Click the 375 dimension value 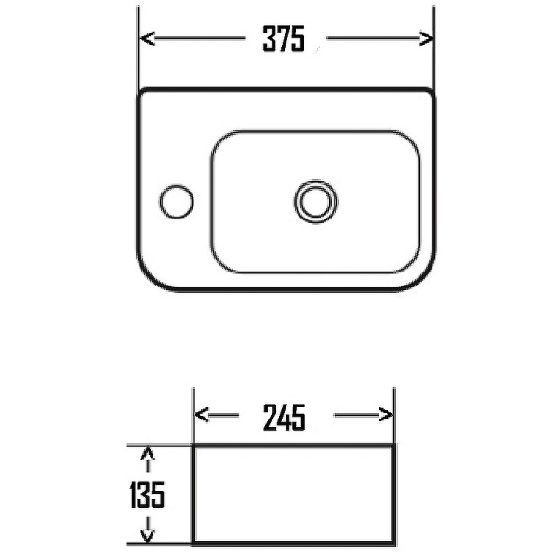click(284, 39)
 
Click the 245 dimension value click(285, 417)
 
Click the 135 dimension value click(147, 495)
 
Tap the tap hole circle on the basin click(177, 202)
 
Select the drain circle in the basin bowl click(315, 202)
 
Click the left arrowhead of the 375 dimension click(148, 38)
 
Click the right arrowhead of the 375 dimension click(426, 38)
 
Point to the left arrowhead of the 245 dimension click(202, 415)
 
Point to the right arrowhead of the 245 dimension click(385, 415)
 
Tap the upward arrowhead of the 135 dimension click(148, 454)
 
